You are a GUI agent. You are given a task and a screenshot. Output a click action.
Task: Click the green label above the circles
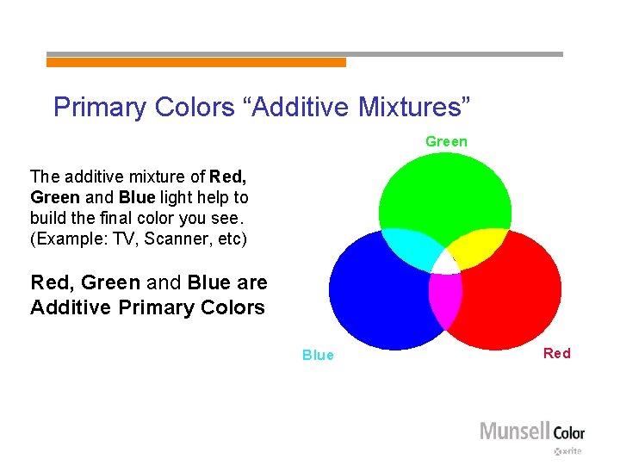click(x=446, y=141)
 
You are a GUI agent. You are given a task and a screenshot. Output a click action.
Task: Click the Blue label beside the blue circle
click(x=318, y=356)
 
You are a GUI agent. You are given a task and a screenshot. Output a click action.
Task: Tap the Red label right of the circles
click(x=556, y=353)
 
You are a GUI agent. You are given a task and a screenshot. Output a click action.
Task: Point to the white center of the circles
click(x=444, y=262)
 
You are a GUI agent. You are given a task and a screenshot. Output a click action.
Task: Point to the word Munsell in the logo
click(x=514, y=431)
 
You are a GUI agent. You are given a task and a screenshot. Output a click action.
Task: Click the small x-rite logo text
click(x=568, y=450)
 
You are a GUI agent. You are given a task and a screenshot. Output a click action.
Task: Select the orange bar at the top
click(x=195, y=62)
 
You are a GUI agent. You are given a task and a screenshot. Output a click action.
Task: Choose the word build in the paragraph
click(x=47, y=219)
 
